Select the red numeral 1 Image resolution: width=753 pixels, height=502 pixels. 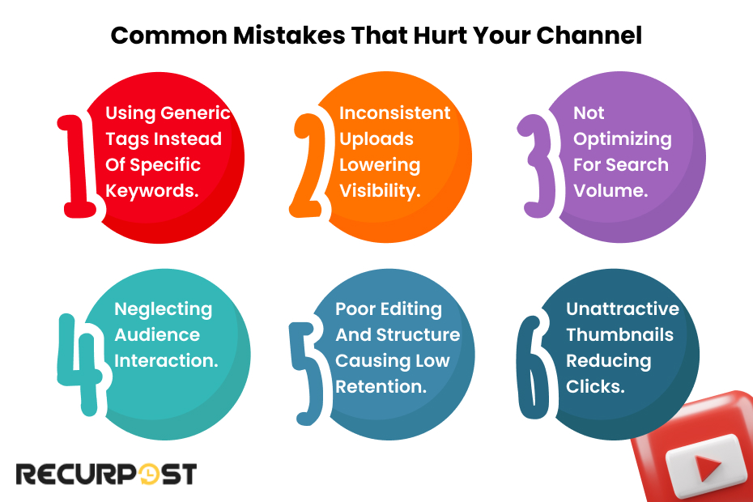point(81,165)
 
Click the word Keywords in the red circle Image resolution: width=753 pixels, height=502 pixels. point(152,191)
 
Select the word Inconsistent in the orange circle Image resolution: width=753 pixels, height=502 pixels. point(394,113)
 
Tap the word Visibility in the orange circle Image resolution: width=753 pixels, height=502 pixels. point(378,191)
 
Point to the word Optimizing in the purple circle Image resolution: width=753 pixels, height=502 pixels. point(622,139)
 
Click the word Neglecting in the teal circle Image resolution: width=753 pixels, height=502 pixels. point(163,309)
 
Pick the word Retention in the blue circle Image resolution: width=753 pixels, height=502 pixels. point(381,387)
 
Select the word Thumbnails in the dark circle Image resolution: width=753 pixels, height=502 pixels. point(619,335)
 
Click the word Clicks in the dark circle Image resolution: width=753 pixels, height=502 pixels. point(595,387)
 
